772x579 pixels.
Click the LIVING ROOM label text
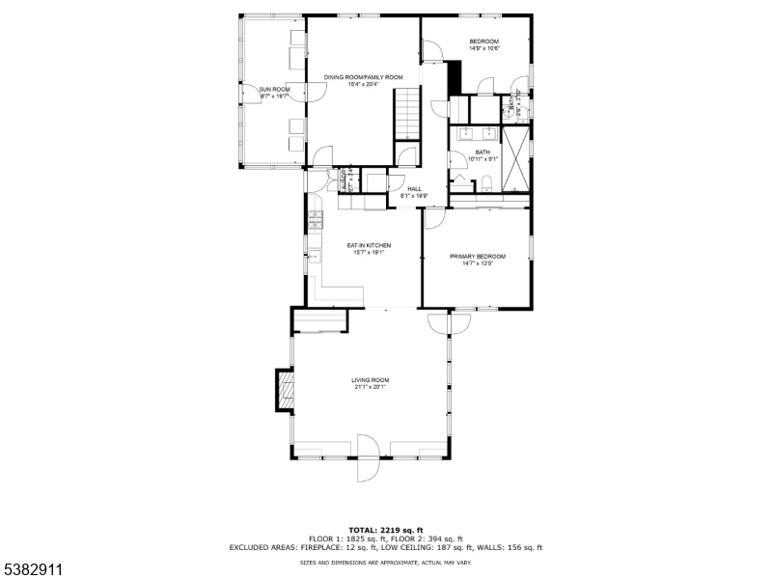point(370,380)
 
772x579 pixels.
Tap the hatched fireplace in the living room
point(285,390)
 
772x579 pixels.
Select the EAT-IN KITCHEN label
point(369,245)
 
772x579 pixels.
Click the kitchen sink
point(313,257)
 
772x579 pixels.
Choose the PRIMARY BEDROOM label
point(477,256)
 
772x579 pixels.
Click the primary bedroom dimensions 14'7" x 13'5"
point(477,262)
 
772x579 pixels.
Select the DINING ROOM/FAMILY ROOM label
point(363,77)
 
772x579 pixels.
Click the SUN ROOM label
point(274,89)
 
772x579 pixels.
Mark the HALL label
point(414,189)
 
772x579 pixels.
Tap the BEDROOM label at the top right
point(483,41)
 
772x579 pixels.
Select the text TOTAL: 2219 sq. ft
point(385,531)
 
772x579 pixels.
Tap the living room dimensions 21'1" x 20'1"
point(370,388)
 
